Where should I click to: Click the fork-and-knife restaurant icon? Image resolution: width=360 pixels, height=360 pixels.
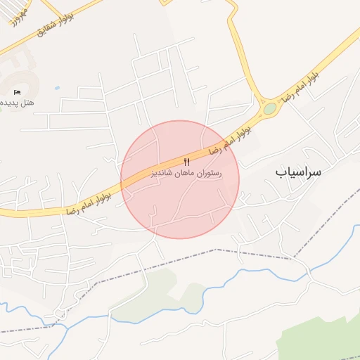[x=186, y=162]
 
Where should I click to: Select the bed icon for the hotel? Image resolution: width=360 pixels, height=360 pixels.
[x=18, y=92]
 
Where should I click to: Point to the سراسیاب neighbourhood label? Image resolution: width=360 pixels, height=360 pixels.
[x=297, y=171]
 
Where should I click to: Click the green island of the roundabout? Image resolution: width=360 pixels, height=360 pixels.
[x=270, y=108]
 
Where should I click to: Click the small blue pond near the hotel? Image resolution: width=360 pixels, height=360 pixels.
[x=56, y=89]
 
